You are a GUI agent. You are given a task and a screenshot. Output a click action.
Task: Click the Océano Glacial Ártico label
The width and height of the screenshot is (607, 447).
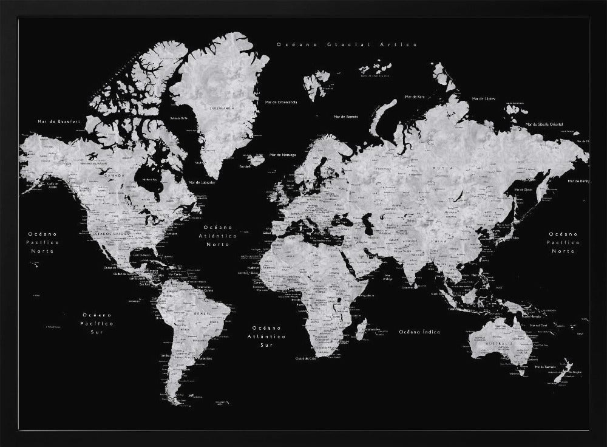click(347, 44)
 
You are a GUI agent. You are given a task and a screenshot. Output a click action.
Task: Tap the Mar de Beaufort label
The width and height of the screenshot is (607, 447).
click(59, 121)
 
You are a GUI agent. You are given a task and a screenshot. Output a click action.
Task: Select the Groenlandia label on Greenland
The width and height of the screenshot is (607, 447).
click(222, 109)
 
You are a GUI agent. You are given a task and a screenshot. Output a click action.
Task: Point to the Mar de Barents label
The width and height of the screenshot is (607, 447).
click(346, 116)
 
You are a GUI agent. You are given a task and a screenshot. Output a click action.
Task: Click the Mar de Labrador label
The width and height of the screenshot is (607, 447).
click(202, 182)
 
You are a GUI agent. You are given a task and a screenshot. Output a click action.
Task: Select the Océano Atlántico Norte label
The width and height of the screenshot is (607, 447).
click(218, 236)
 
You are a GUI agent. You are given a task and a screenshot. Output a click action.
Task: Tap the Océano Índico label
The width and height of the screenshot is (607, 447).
click(419, 332)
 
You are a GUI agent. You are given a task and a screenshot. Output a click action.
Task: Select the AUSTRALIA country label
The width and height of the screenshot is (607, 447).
click(500, 344)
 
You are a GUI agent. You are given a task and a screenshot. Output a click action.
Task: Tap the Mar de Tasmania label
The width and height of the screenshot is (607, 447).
click(543, 367)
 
